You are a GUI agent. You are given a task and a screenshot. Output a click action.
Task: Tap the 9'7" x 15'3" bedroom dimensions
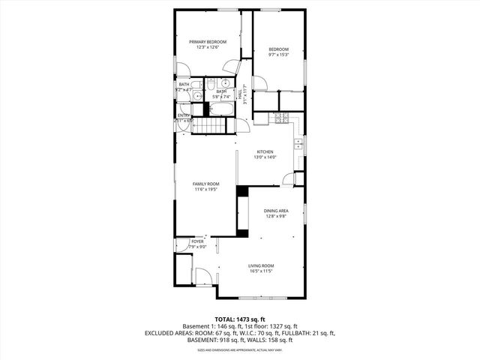tap(279, 55)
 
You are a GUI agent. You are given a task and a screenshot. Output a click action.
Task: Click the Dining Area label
tap(275, 211)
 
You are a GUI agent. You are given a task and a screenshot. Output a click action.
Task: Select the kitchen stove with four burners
tap(282, 118)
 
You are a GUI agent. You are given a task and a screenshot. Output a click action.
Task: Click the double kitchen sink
tap(298, 142)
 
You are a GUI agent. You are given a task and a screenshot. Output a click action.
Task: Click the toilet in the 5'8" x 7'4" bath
tap(211, 84)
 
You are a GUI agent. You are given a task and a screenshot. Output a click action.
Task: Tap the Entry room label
tap(184, 115)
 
